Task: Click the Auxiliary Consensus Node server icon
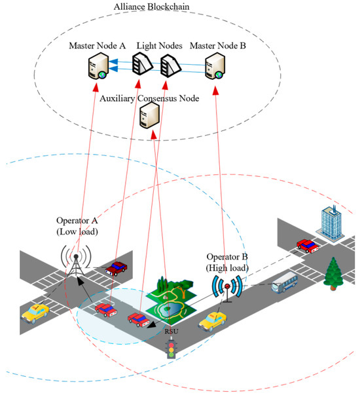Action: [151, 117]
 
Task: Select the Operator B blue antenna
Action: [227, 286]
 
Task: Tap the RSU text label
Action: [173, 332]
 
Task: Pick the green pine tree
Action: [334, 271]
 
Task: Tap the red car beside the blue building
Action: [309, 246]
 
